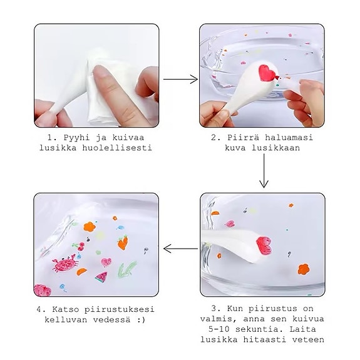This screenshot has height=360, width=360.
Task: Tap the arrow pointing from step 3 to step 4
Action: point(180,249)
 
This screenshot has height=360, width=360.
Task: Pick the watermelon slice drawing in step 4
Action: point(101,275)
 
